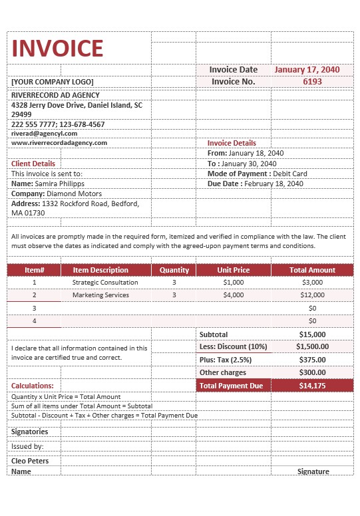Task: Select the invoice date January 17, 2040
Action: coord(307,69)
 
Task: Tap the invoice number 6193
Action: coord(312,81)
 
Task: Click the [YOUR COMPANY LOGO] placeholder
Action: coord(53,82)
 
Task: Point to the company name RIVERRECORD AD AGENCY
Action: coord(56,95)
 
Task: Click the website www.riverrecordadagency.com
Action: coord(59,142)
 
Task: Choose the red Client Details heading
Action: coord(33,164)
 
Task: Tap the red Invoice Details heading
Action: coord(232,143)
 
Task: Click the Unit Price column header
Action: coord(234,270)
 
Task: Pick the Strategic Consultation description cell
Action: coord(105,282)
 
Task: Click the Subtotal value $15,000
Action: coord(312,334)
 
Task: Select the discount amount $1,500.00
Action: coord(312,346)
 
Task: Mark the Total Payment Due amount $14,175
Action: coord(312,386)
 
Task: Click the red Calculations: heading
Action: coord(33,386)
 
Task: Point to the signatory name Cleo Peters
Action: coord(29,460)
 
